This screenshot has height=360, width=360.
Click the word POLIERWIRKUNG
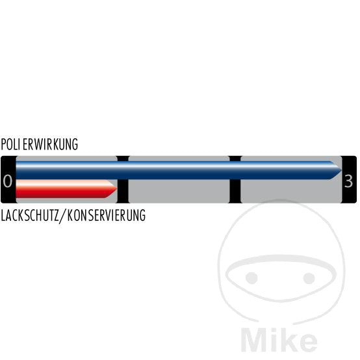[39, 144]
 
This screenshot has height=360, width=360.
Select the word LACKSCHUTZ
[30, 215]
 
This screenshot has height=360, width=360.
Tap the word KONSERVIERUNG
[107, 215]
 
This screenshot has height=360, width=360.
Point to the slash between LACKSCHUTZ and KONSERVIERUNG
[63, 216]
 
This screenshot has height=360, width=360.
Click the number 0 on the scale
[8, 181]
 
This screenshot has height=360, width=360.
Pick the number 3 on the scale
[348, 181]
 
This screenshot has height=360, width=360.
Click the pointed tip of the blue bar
[342, 170]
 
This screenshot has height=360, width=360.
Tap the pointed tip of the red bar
[117, 188]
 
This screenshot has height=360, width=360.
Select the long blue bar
[179, 170]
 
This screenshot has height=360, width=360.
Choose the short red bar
[66, 188]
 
